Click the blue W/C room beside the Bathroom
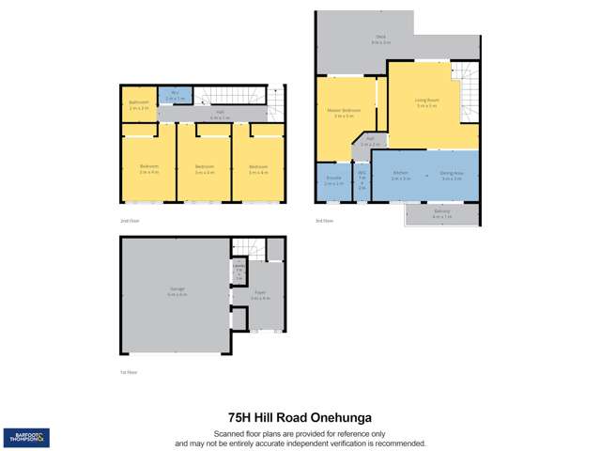tap(175, 94)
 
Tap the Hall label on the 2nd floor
tap(219, 115)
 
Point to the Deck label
tap(380, 40)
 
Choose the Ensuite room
tap(333, 180)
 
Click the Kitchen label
tap(401, 175)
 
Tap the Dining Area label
tap(451, 175)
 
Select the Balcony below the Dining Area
tap(442, 213)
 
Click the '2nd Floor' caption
tap(130, 221)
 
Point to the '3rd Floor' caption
tap(325, 221)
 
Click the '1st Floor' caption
tap(129, 373)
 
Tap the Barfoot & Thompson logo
tap(26, 436)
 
